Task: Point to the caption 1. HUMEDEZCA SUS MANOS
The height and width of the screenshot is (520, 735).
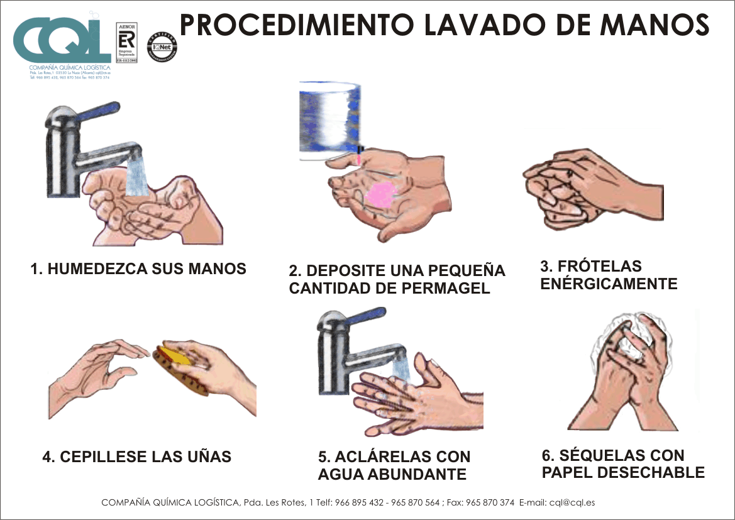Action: click(138, 268)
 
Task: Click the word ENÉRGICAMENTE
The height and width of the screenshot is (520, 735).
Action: click(609, 284)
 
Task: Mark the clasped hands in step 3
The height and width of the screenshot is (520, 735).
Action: click(585, 189)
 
